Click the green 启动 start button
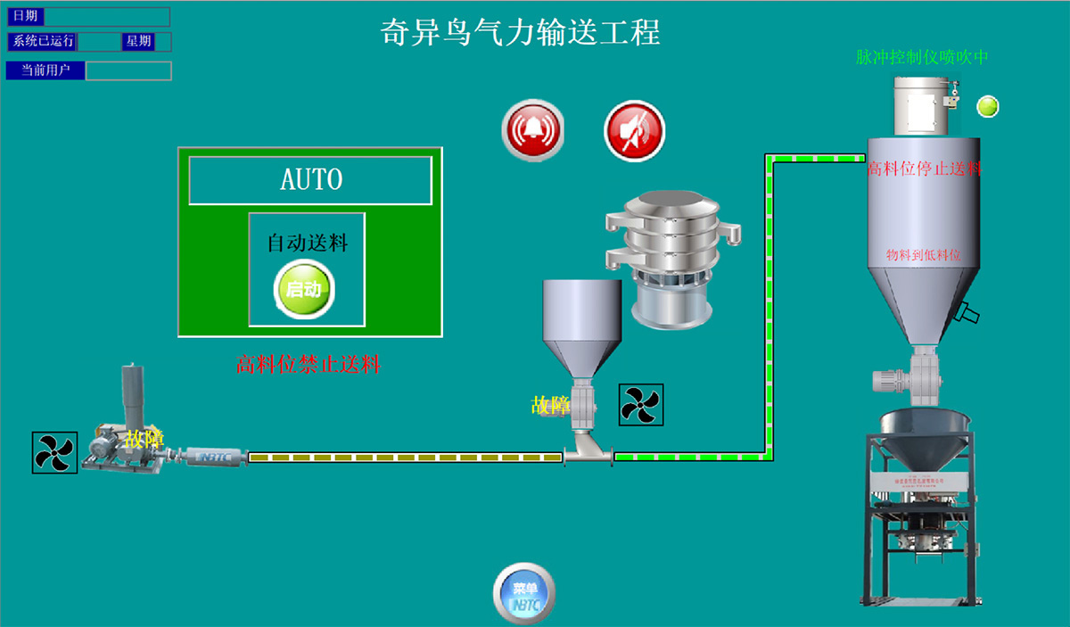[x=303, y=290]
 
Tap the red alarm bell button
[x=533, y=131]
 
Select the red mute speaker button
[x=635, y=131]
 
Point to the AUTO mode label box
[x=310, y=179]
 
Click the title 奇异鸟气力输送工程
[x=521, y=33]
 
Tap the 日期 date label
[x=25, y=16]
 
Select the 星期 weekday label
[x=138, y=41]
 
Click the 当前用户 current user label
[x=45, y=70]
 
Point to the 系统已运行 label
[x=43, y=41]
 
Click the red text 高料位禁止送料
[x=309, y=364]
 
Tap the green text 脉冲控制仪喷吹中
[x=922, y=58]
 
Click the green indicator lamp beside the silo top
[x=987, y=106]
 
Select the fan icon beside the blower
[x=54, y=452]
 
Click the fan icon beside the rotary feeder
[x=641, y=404]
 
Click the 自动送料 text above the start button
[x=307, y=242]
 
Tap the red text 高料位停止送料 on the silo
[x=924, y=168]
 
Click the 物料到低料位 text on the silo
[x=924, y=255]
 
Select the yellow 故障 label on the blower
[x=144, y=438]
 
